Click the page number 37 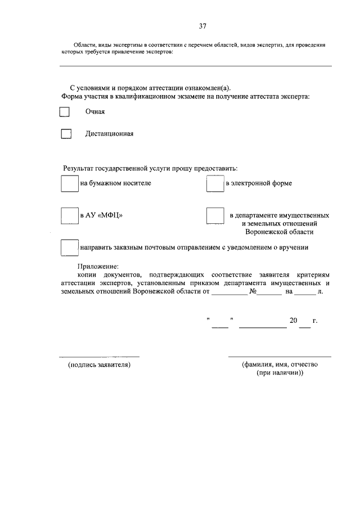[202, 26]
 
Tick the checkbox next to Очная [65, 112]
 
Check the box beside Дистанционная [66, 134]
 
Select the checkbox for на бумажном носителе [69, 184]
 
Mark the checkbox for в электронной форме [215, 184]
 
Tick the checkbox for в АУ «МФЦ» [69, 216]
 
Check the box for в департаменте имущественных [215, 216]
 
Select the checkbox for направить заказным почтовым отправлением [69, 247]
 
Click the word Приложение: [98, 265]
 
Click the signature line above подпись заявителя [100, 357]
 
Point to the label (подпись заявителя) [100, 365]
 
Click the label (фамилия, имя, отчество [280, 364]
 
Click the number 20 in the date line [293, 321]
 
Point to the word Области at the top [85, 44]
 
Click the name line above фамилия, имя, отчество [280, 357]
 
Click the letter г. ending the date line [316, 321]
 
